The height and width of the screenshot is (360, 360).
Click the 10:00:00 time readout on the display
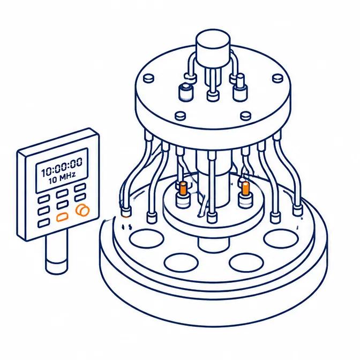tap(62, 167)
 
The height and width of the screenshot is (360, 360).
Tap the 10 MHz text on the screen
tap(62, 177)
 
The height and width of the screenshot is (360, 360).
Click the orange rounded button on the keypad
tap(62, 217)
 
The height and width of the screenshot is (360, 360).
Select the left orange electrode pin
tap(183, 188)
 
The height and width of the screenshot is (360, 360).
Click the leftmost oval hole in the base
tap(146, 238)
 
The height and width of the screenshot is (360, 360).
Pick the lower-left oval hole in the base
tap(181, 262)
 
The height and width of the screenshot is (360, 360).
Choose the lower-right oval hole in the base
tap(246, 262)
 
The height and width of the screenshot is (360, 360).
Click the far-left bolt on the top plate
tap(149, 78)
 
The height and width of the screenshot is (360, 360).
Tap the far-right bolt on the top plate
tap(277, 78)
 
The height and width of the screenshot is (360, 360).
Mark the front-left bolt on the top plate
tap(180, 116)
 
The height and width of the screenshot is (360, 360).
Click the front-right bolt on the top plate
tap(245, 116)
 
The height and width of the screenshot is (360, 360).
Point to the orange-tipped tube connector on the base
tap(126, 212)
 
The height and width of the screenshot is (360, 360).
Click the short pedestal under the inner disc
tap(213, 244)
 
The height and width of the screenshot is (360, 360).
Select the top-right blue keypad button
tap(80, 188)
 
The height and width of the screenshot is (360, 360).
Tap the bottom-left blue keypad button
tap(43, 223)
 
